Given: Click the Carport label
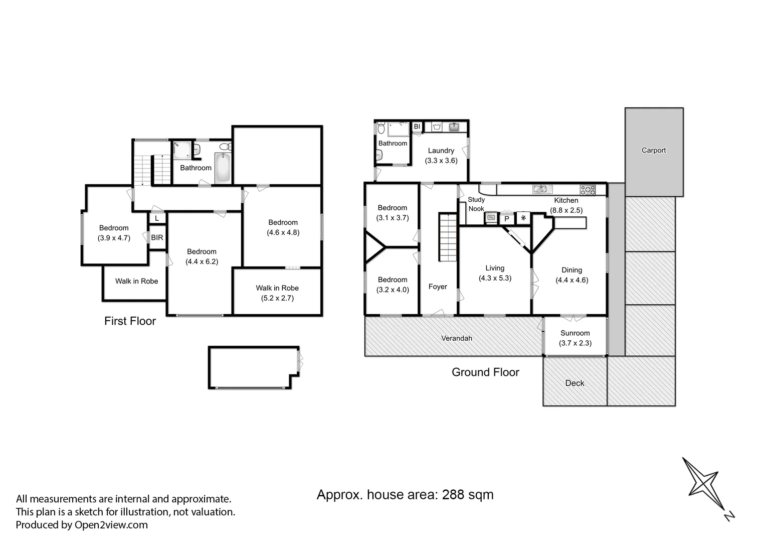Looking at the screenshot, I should point(654,150).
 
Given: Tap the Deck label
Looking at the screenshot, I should point(575,383).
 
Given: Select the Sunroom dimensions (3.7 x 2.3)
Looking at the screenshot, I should point(575,343).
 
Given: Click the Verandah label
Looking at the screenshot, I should point(456,338).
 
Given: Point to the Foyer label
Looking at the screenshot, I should point(438,287).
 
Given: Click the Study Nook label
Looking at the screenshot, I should point(476,204).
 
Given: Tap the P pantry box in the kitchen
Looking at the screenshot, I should point(507,219).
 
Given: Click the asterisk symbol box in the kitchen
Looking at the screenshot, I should point(523,218).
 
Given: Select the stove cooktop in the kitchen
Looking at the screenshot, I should point(588,190).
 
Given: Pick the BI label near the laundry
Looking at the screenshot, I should point(417,127).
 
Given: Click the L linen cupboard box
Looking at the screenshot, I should point(157,219).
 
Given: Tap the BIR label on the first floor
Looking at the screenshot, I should point(157,237).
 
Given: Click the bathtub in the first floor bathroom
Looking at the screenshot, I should point(223,168).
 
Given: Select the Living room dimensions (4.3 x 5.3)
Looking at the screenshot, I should point(495,278).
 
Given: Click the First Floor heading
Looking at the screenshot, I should point(130,321).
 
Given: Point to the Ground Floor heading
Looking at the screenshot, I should point(485,372).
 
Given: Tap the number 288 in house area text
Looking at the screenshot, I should point(453,495).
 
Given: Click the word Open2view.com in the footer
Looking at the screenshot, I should point(111,525).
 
